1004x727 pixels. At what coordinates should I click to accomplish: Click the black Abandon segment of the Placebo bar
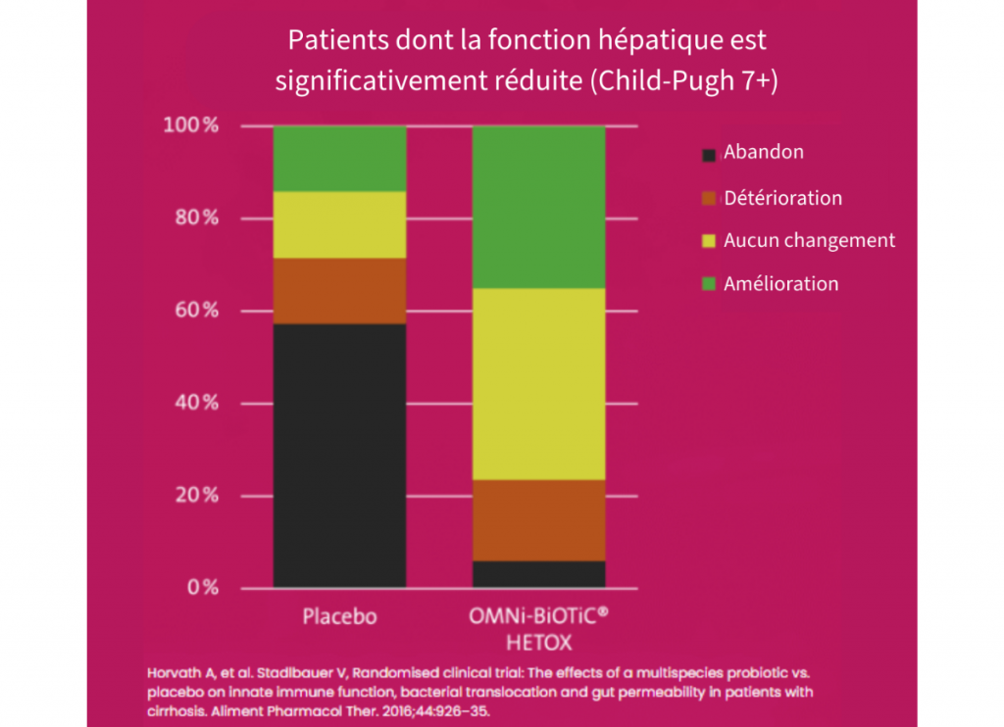[x=339, y=456]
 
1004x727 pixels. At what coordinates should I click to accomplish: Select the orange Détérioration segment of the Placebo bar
[x=339, y=291]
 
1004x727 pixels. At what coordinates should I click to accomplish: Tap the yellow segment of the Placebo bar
[x=339, y=224]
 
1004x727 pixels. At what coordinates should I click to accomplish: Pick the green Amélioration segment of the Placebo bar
[x=339, y=158]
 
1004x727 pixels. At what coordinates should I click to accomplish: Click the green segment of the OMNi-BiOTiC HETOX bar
[x=538, y=207]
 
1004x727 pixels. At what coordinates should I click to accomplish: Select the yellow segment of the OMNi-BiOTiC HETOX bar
[x=538, y=383]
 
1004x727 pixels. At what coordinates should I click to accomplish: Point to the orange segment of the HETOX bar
[x=538, y=519]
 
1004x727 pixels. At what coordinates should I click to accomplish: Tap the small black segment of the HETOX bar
[x=538, y=574]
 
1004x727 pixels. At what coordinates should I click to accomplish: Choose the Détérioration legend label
[x=782, y=198]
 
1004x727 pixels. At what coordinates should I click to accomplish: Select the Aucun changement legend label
[x=809, y=240]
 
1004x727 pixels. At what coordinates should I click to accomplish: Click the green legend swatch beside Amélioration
[x=709, y=285]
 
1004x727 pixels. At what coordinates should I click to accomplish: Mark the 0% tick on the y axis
[x=202, y=588]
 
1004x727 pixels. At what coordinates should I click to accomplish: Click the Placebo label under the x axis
[x=338, y=617]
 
